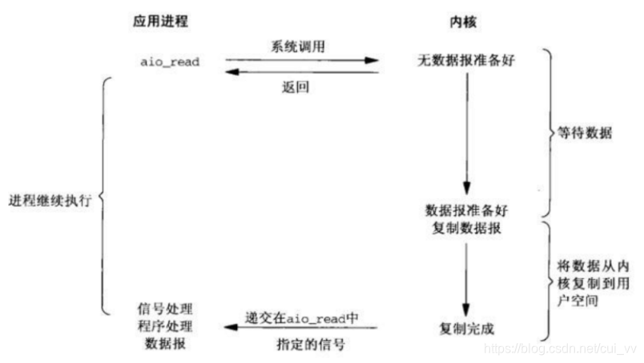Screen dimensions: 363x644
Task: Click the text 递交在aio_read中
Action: (302, 317)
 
